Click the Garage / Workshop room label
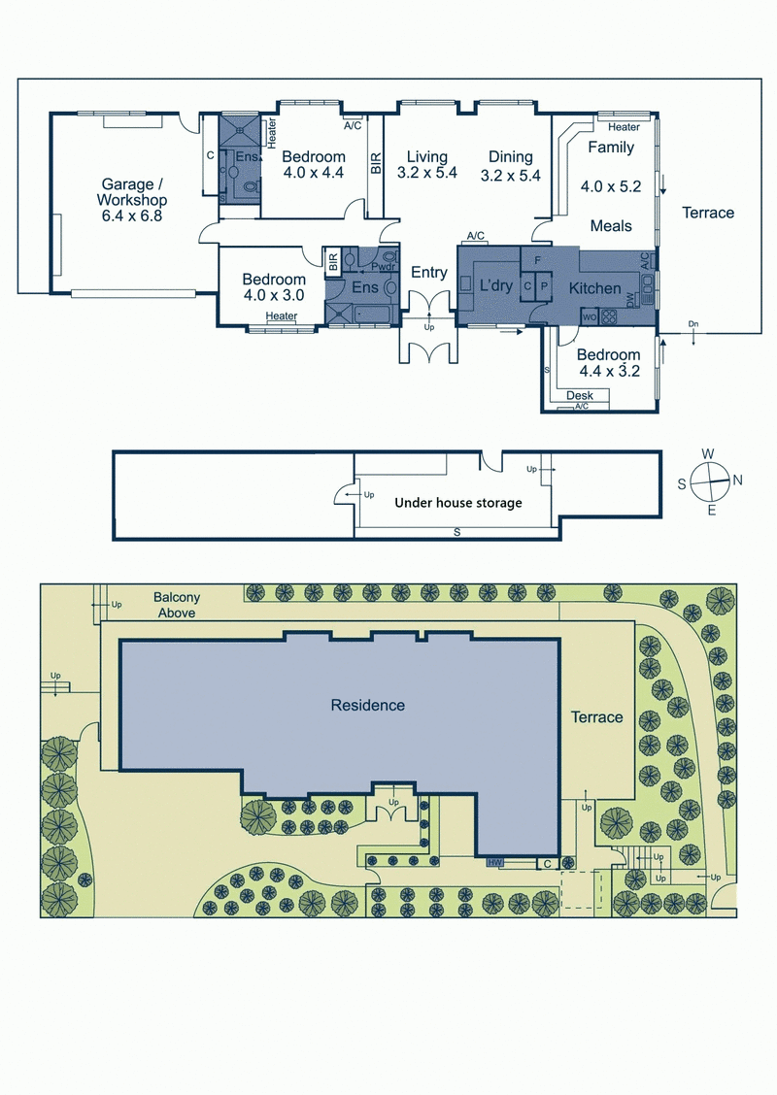point(132,200)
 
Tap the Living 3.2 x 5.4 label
point(427,165)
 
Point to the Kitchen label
point(594,287)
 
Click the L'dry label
point(496,285)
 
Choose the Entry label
point(429,273)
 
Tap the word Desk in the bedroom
point(580,395)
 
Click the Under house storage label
point(458,502)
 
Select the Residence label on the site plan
point(367,705)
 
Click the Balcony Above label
point(177,605)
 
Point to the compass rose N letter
point(737,480)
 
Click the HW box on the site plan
point(495,862)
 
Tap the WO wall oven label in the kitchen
point(589,317)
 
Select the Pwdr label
point(384,267)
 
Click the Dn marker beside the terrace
point(693,324)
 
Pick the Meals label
point(611,225)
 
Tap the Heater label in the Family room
point(624,127)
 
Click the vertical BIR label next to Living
point(376,163)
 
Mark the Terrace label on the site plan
point(596,717)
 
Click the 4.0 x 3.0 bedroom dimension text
point(274,295)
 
